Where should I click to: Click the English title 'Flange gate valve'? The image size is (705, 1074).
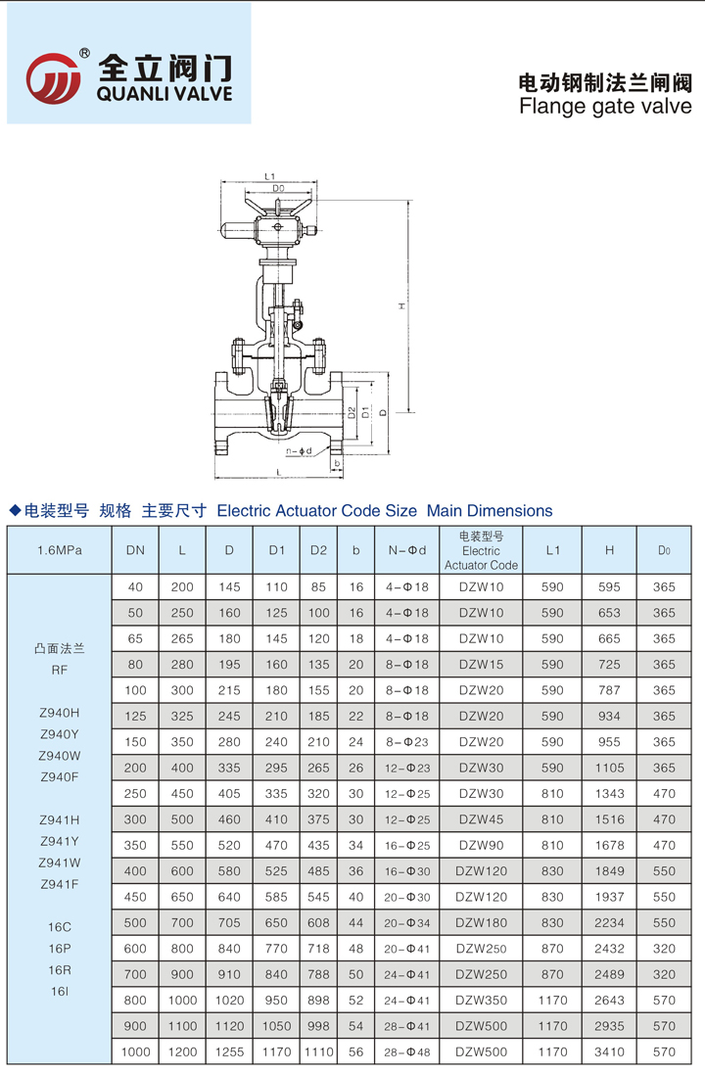pyautogui.click(x=604, y=106)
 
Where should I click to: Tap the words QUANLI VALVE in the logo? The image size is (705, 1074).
pyautogui.click(x=165, y=94)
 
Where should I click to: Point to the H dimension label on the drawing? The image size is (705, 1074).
pyautogui.click(x=400, y=306)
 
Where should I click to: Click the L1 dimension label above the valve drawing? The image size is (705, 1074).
pyautogui.click(x=269, y=176)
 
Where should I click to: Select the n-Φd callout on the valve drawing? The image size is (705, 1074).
pyautogui.click(x=299, y=451)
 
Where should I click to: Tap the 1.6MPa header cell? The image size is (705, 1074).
pyautogui.click(x=59, y=550)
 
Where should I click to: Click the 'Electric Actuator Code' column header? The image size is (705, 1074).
pyautogui.click(x=481, y=551)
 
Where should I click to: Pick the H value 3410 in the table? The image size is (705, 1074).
pyautogui.click(x=609, y=1051)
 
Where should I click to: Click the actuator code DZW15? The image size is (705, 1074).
pyautogui.click(x=481, y=665)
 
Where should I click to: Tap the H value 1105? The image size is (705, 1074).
pyautogui.click(x=609, y=768)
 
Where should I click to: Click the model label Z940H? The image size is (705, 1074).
pyautogui.click(x=60, y=714)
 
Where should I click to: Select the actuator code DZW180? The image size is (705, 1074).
pyautogui.click(x=481, y=922)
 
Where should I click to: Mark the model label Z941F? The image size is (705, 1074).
pyautogui.click(x=60, y=885)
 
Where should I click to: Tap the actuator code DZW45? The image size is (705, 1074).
pyautogui.click(x=481, y=819)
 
